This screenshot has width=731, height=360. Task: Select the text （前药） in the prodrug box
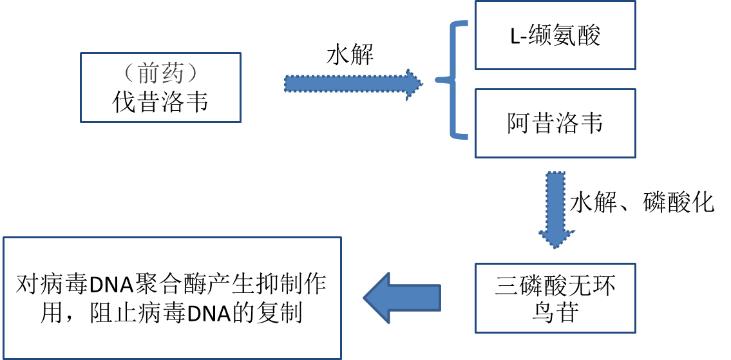(160, 73)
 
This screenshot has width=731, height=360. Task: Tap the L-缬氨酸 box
(555, 35)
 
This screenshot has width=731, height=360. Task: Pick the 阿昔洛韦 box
(555, 123)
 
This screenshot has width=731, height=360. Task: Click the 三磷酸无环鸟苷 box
(555, 298)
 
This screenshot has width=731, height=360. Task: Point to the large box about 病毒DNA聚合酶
(172, 298)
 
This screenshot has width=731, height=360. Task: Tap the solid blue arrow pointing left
(403, 297)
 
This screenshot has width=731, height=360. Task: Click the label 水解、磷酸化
(641, 203)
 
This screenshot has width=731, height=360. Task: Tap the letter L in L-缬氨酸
(514, 36)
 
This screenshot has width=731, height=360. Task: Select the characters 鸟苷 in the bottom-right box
(555, 312)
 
